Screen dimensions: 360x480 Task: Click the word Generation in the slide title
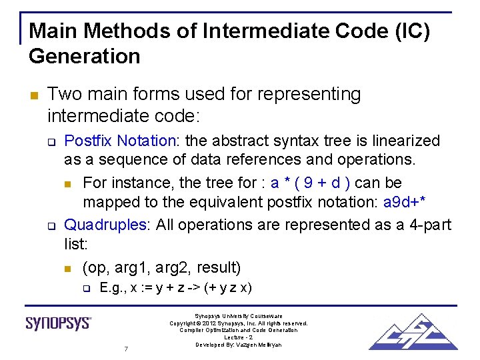(x=85, y=56)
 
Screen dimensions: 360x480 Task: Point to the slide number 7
(x=126, y=349)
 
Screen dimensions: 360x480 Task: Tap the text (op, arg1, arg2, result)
(x=161, y=268)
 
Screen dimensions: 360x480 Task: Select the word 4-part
(x=427, y=225)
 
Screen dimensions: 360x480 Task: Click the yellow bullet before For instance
(x=68, y=183)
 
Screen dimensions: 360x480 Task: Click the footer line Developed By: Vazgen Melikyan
(x=239, y=345)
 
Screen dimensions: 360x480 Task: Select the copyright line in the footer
(x=239, y=323)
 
